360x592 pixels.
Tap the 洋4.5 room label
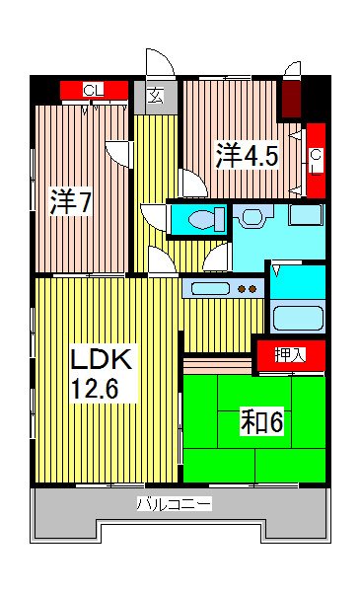click(240, 156)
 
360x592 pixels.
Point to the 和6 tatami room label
click(263, 422)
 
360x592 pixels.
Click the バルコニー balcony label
click(173, 504)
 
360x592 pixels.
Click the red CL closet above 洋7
click(94, 91)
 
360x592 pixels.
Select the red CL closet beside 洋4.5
click(315, 158)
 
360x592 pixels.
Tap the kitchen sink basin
click(209, 289)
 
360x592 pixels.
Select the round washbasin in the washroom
click(251, 215)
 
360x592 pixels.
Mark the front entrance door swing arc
click(160, 61)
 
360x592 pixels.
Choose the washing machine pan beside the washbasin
click(305, 215)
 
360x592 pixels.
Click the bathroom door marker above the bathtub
click(281, 269)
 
